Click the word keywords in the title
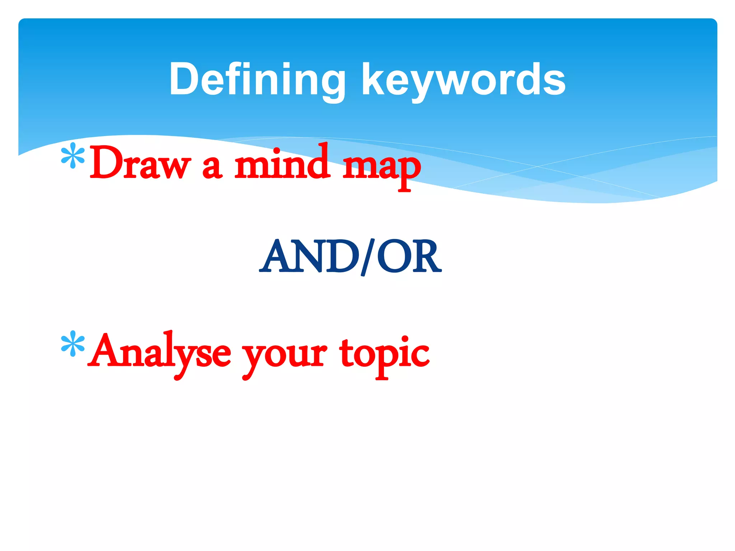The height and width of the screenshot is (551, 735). (464, 80)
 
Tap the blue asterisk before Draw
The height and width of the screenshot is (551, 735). (73, 155)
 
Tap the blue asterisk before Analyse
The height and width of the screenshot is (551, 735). (73, 343)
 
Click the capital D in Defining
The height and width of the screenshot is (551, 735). (183, 79)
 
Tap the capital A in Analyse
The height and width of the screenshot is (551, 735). (104, 350)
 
